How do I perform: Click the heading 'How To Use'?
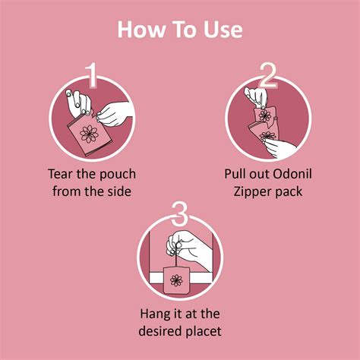click(180, 30)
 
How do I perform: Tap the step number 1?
click(91, 77)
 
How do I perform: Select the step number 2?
click(268, 77)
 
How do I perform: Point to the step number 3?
click(180, 214)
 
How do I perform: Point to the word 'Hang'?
click(155, 312)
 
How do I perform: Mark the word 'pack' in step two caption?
click(288, 191)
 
